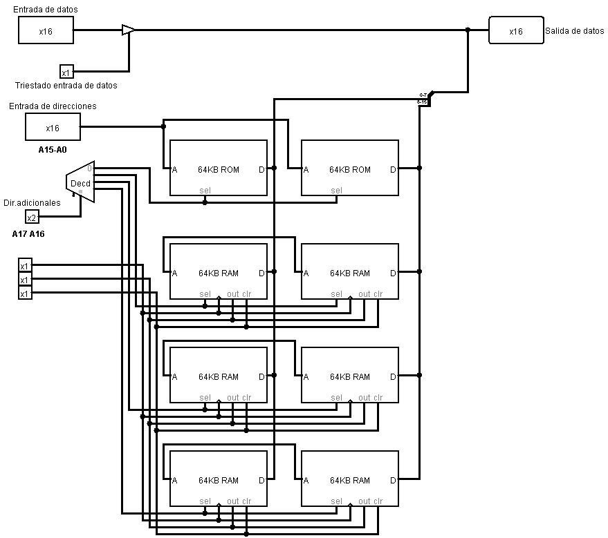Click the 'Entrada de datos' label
(45, 10)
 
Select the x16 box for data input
(46, 30)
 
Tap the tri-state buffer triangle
(128, 30)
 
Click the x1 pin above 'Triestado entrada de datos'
(66, 72)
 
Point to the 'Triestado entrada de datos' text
(66, 86)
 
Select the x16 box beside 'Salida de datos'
(516, 30)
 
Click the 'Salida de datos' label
(574, 31)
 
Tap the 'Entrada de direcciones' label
(53, 106)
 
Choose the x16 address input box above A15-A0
(53, 127)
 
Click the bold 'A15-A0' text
(53, 149)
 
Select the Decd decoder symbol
(80, 183)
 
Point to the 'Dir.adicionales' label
(32, 203)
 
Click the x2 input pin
(32, 218)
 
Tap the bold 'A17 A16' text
(28, 234)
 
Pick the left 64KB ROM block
(219, 168)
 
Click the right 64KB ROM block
(350, 168)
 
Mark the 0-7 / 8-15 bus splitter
(424, 98)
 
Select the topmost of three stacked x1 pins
(25, 266)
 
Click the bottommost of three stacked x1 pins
(25, 294)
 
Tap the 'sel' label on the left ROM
(205, 191)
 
